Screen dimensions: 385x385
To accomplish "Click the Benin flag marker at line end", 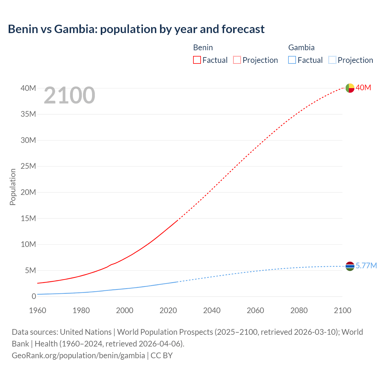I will (350, 88).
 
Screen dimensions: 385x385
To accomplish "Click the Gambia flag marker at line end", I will (350, 266).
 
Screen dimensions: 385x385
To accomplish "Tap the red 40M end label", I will (363, 88).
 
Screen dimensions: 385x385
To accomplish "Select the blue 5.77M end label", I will (366, 266).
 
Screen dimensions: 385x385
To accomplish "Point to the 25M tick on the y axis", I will (28, 166).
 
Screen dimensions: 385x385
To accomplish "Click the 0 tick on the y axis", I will (34, 297).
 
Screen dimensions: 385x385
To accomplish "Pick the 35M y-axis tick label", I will (28, 114).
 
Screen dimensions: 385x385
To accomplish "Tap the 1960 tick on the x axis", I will (38, 310).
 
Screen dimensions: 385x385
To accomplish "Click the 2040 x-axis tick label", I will (212, 310).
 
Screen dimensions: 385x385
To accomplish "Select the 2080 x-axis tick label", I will (299, 310).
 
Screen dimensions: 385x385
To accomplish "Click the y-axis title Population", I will (13, 187).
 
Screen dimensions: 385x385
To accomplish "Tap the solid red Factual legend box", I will (197, 60).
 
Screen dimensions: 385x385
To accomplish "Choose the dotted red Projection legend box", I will (237, 60).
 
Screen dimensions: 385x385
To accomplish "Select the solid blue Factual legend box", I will (292, 60).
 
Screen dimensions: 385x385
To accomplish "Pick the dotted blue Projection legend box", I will (332, 60).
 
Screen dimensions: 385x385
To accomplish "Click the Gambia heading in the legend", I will (301, 48).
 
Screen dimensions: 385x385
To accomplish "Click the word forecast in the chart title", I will (243, 29).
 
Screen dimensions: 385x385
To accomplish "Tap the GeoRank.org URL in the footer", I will (78, 356).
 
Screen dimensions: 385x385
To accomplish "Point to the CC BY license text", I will (162, 356).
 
